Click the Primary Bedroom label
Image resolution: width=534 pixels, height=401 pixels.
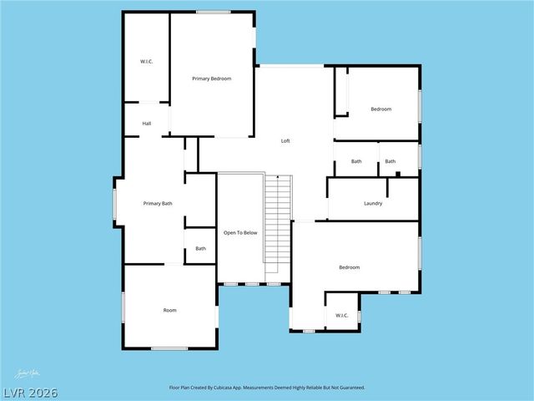pos(211,79)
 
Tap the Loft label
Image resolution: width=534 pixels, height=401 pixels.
pos(285,141)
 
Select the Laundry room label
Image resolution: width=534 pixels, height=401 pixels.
pos(373,203)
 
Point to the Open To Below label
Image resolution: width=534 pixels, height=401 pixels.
pos(240,232)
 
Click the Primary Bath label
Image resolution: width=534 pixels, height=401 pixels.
pos(158,203)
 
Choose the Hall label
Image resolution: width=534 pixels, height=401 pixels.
pos(147,124)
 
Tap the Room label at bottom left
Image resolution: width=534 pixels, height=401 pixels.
pos(169,310)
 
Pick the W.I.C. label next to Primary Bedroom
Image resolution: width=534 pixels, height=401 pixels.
pos(146,62)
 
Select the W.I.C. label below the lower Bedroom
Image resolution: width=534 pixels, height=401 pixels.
pos(342,315)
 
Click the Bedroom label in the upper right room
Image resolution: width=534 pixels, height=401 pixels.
pos(381,109)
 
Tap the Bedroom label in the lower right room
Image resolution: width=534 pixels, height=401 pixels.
pos(349,266)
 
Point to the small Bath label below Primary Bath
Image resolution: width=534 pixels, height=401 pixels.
pos(200,248)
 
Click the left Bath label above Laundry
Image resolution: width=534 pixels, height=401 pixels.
pos(356,161)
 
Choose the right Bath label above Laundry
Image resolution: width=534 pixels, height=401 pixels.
pos(390,161)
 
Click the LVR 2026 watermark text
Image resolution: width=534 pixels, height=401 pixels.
pos(29,393)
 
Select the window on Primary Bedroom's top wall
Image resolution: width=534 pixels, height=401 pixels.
pos(214,12)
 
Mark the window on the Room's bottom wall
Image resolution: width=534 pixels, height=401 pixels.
pos(169,348)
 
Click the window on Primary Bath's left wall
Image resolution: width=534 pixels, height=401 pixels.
pos(115,202)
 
